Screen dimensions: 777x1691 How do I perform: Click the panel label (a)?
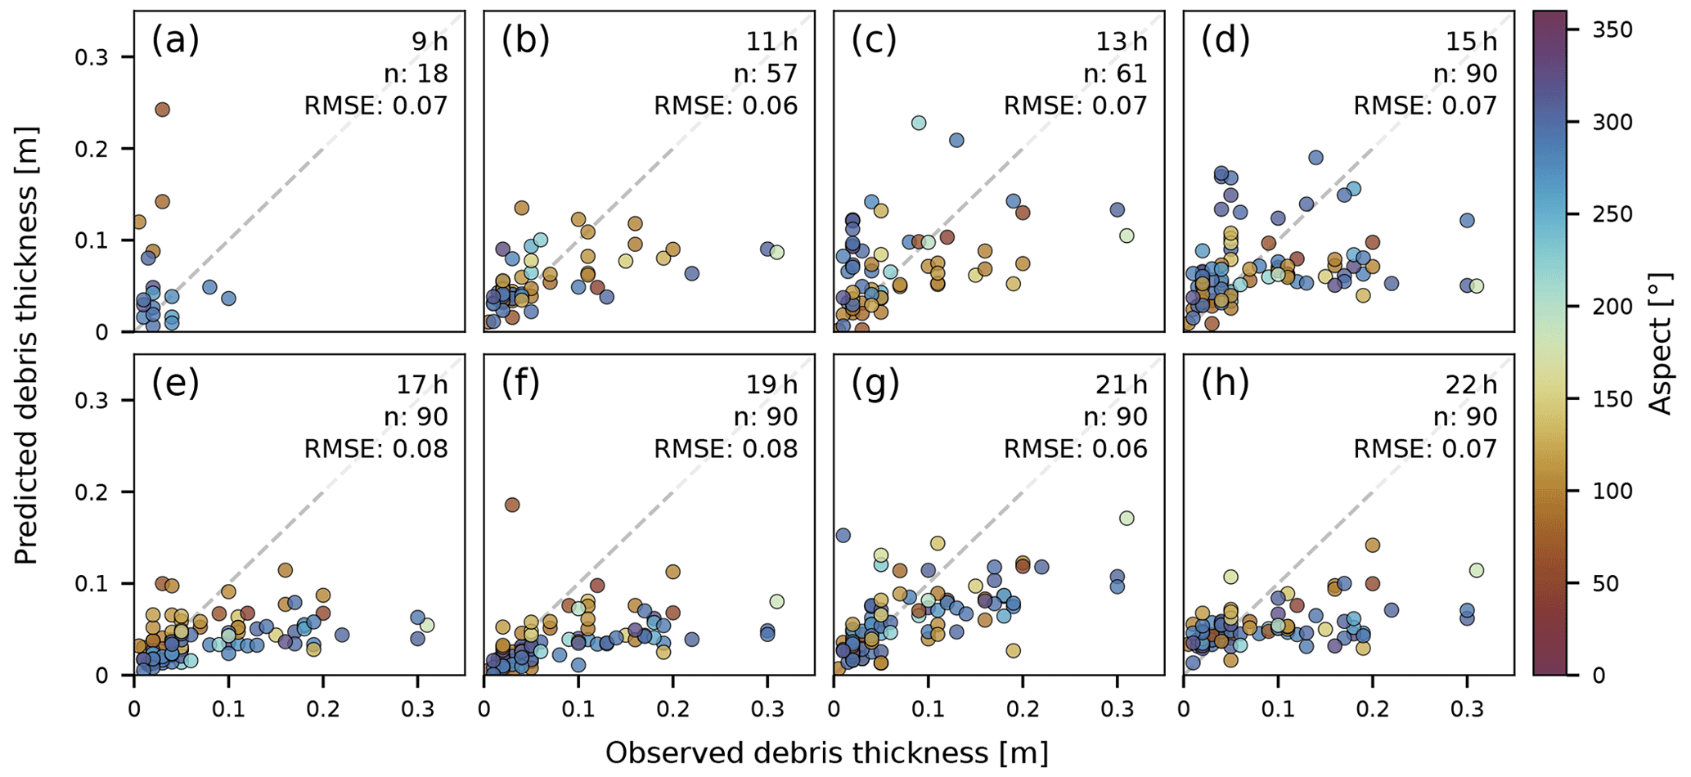[175, 41]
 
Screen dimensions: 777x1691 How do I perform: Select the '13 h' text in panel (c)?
[1122, 41]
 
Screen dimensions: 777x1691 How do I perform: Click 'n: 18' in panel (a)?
[416, 74]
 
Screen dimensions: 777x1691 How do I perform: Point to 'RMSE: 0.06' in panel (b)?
[726, 106]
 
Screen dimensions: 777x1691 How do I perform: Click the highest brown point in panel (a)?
[162, 110]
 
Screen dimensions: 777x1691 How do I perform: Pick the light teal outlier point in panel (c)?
[919, 123]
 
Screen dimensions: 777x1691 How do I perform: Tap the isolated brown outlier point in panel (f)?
[512, 505]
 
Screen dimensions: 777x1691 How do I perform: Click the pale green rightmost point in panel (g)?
[1127, 518]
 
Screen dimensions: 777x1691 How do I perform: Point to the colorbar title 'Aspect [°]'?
[1662, 344]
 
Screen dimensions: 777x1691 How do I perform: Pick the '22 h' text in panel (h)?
[1471, 384]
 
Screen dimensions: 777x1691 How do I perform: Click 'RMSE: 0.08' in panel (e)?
[376, 449]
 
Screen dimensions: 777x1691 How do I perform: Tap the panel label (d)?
[1226, 41]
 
